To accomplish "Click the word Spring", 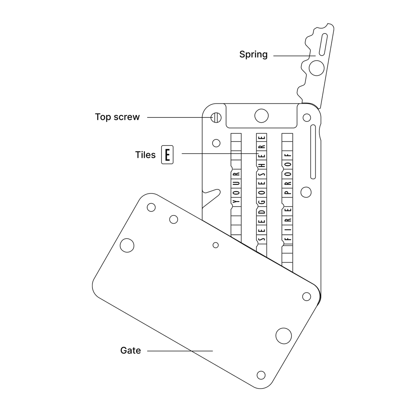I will [x=253, y=54].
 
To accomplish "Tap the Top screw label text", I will [x=117, y=117].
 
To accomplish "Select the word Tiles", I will [x=145, y=155].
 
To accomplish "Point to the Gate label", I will [x=130, y=351].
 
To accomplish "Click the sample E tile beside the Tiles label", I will [x=167, y=155].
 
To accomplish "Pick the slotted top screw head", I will [x=216, y=117].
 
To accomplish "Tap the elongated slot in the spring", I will [x=324, y=43].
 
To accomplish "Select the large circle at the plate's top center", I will [x=261, y=115].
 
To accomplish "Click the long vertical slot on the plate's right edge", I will [x=314, y=152].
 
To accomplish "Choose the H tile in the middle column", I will [x=262, y=164].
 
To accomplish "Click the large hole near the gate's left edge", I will [x=127, y=245].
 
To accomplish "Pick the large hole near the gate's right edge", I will [x=283, y=335].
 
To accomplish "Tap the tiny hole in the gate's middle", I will [x=216, y=245].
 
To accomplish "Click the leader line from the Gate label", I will [x=180, y=351].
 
